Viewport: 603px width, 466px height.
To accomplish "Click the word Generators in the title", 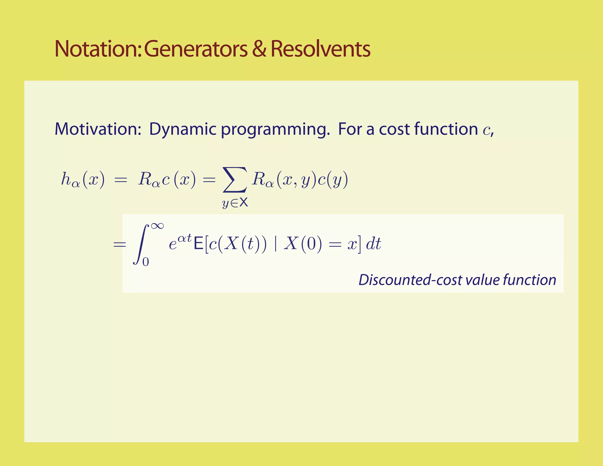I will [x=196, y=49].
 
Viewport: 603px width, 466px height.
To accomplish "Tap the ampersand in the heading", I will [x=259, y=49].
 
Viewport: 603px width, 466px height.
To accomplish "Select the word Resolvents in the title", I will [x=320, y=49].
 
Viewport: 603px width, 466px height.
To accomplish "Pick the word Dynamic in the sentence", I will [x=183, y=130].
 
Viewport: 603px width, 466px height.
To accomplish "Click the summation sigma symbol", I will [x=234, y=179].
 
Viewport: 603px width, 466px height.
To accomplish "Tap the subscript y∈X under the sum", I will [x=235, y=203].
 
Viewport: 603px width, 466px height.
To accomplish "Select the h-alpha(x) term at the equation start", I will [x=83, y=179].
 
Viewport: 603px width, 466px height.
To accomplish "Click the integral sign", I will [x=141, y=244].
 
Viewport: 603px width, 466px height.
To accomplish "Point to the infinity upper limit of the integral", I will [x=157, y=226].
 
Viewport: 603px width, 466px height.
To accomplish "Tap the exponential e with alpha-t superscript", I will [x=180, y=242].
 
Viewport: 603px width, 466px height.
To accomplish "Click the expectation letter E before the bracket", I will [x=198, y=244].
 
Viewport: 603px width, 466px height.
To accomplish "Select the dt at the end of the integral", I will [x=373, y=244].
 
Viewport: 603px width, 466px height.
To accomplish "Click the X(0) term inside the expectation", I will [x=303, y=244].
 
